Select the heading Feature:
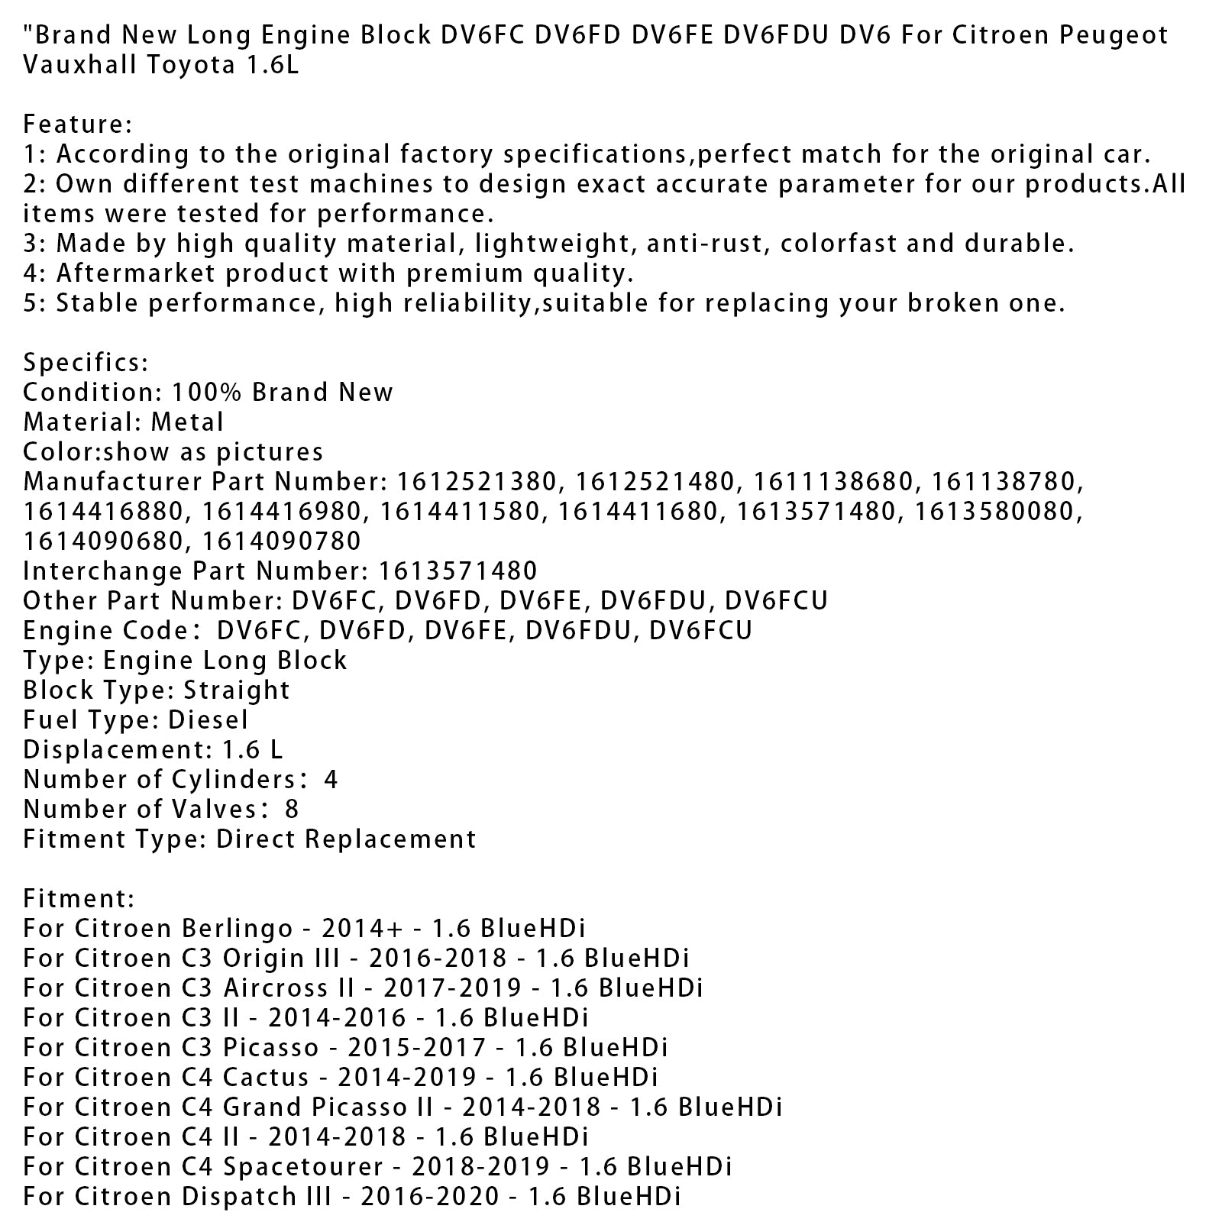[x=78, y=124]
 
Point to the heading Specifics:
[x=86, y=363]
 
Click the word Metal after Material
[x=187, y=422]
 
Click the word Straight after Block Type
[x=237, y=690]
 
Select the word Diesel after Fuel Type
[x=208, y=720]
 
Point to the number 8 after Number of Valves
[x=290, y=810]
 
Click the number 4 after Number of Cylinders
[x=330, y=780]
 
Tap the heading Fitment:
[x=79, y=899]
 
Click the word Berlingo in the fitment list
[x=237, y=929]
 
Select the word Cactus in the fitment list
[x=266, y=1078]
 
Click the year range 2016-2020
[x=430, y=1197]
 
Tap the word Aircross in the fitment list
[x=289, y=988]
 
